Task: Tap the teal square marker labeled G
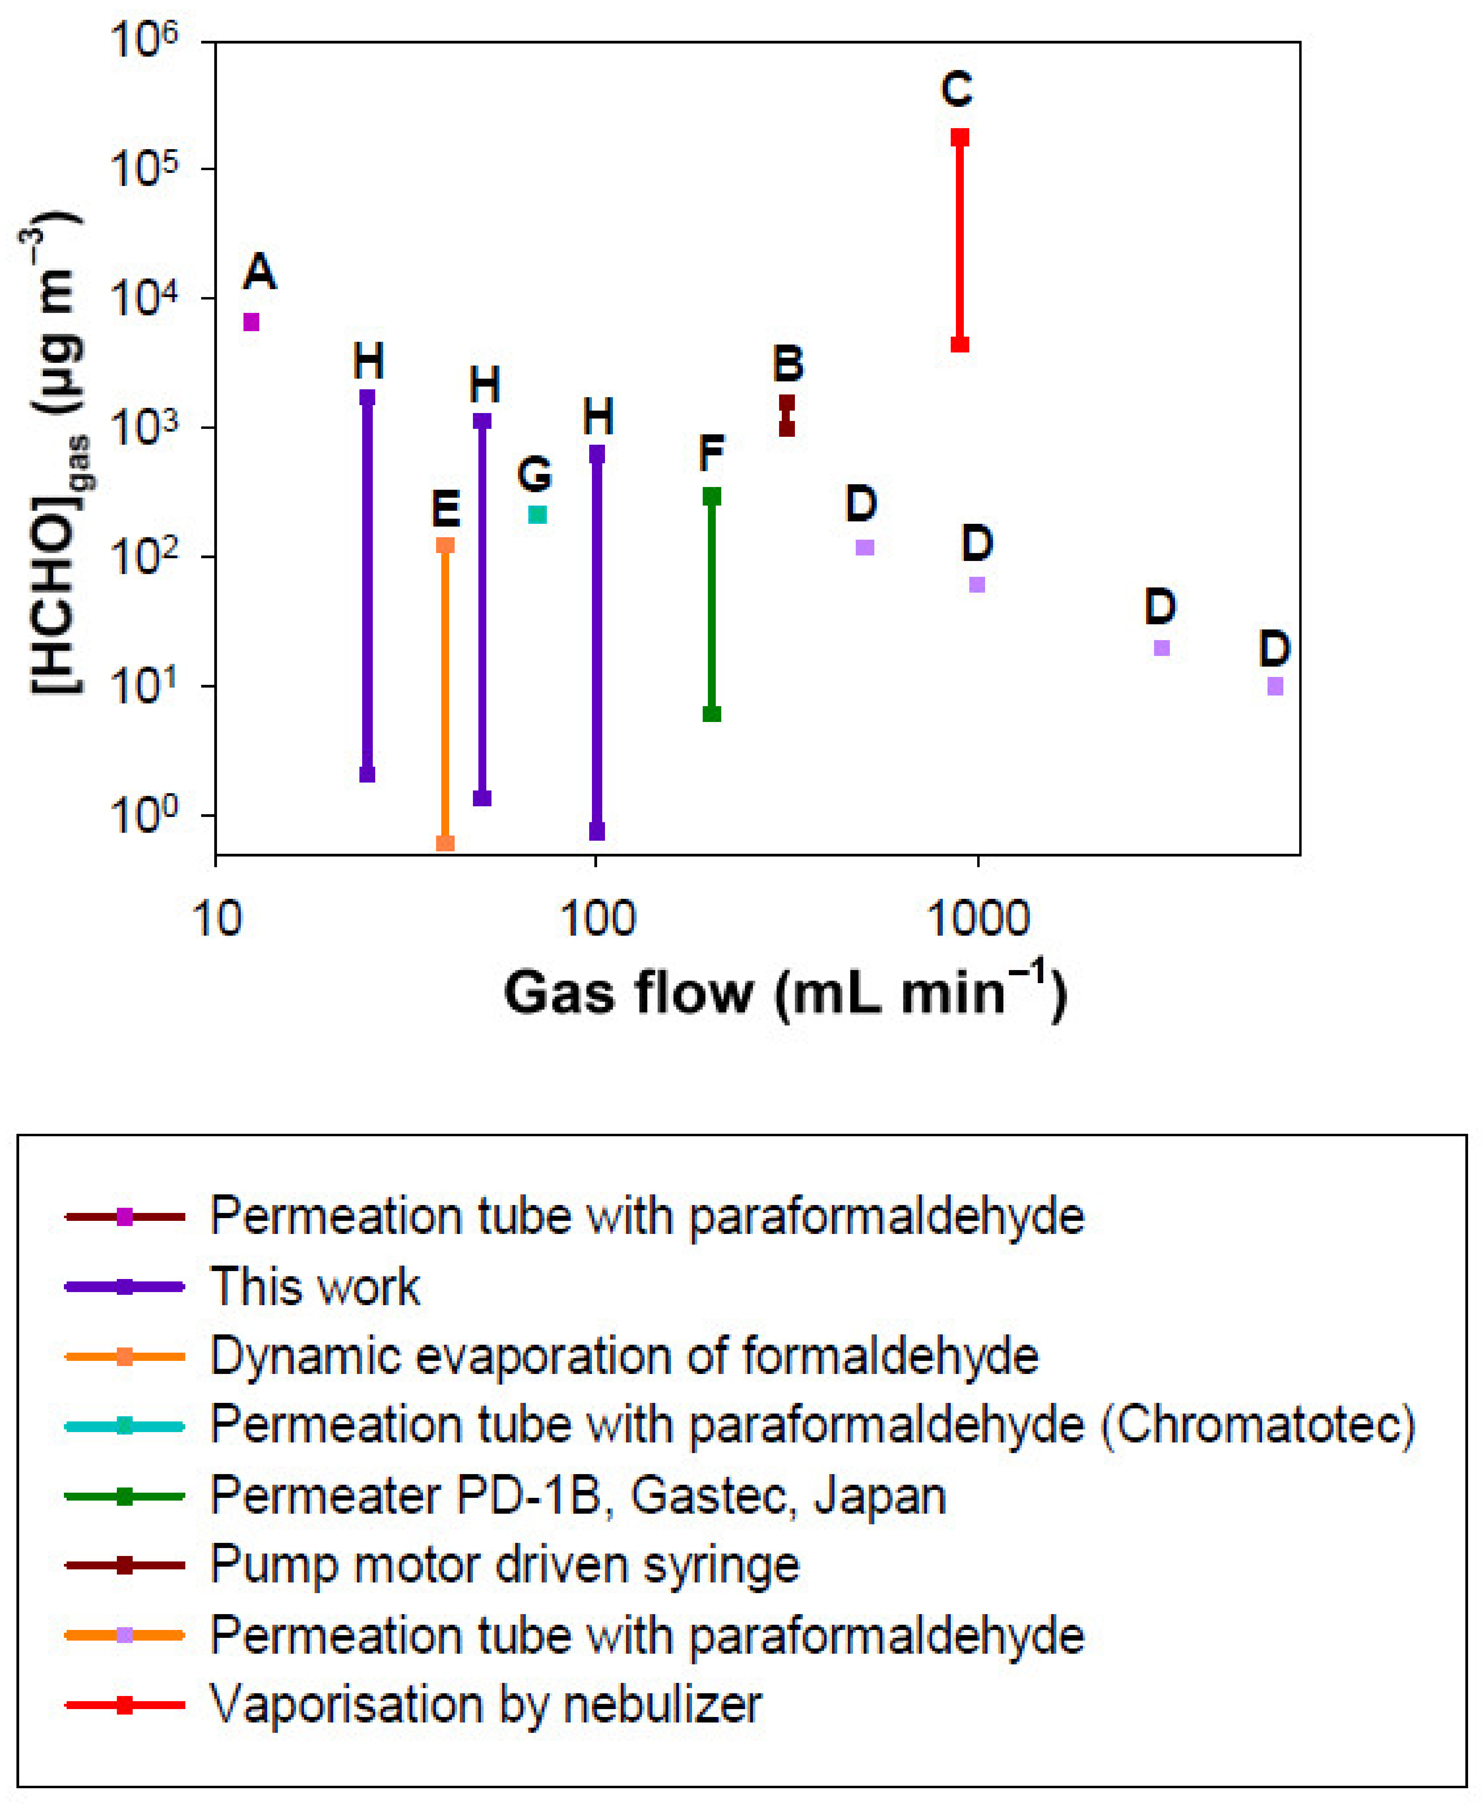(x=537, y=514)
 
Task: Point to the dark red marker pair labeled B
(x=787, y=415)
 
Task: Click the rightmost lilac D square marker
(x=1275, y=686)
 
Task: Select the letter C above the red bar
(x=957, y=89)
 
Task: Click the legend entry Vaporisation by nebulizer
(x=485, y=1705)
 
